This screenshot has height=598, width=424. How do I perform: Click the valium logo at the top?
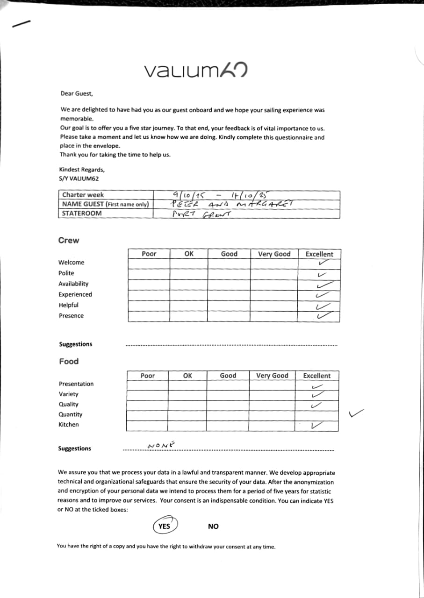[195, 71]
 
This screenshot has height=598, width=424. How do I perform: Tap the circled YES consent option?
[164, 526]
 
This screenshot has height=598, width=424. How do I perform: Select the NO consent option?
[213, 527]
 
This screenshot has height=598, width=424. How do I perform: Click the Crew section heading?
[69, 241]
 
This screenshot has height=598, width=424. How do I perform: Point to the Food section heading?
[69, 361]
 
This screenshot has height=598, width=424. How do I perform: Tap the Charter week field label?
[83, 195]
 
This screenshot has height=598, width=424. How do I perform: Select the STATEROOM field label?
[82, 214]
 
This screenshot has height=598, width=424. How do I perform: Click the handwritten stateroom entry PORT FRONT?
[201, 214]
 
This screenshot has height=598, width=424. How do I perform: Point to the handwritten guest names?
[231, 204]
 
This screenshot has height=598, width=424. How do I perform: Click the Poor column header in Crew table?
[149, 254]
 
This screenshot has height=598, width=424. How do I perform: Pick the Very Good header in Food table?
[272, 376]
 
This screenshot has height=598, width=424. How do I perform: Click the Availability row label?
[73, 284]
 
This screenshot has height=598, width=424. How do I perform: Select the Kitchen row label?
[69, 425]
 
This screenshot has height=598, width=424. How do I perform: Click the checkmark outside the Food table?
[356, 413]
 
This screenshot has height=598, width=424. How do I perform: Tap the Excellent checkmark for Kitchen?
[317, 425]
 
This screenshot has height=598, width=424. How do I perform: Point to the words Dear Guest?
[77, 93]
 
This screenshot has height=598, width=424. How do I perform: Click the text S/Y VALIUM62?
[79, 178]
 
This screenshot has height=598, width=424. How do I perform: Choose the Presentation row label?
[76, 384]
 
